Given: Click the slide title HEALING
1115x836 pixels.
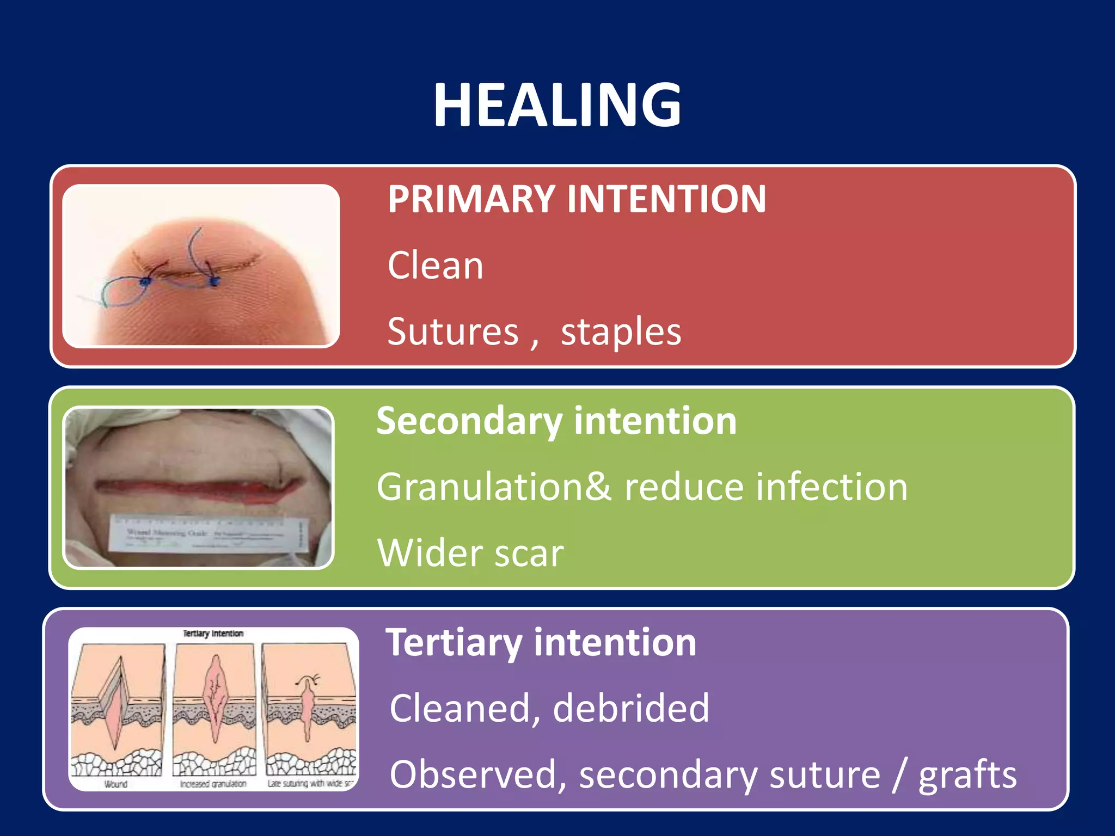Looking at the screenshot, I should coord(557,105).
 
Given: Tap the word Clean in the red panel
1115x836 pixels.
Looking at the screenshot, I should coord(436,266).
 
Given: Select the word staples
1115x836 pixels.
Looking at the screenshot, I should coord(621,331).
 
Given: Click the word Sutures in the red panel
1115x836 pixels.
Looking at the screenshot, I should coord(453,331).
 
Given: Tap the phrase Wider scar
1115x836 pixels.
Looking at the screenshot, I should coord(470,553).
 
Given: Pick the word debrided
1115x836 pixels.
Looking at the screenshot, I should coord(631,708).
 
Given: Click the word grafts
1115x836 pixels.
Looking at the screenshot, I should coord(967,774).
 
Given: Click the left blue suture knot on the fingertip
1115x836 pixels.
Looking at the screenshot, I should coord(145,282).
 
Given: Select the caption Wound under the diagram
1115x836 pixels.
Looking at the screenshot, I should coord(115,784).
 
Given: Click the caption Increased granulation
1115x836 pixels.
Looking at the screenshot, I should coord(213,784).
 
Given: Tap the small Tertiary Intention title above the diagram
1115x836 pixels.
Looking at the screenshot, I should coord(213,634).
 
